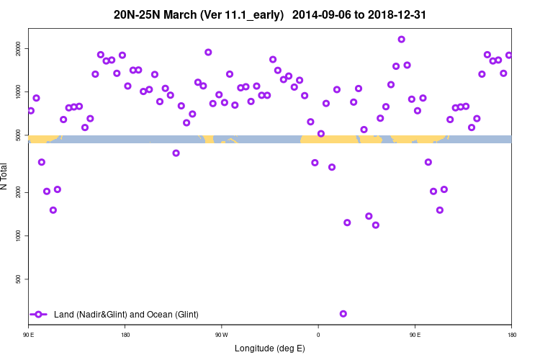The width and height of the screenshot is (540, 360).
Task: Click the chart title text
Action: pyautogui.click(x=270, y=14)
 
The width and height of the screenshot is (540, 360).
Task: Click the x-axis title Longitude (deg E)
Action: pyautogui.click(x=270, y=348)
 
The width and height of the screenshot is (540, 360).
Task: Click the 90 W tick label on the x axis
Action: pyautogui.click(x=221, y=334)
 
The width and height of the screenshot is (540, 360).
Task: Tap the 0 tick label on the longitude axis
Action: pyautogui.click(x=318, y=334)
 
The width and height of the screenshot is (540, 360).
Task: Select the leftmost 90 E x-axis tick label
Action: pyautogui.click(x=28, y=334)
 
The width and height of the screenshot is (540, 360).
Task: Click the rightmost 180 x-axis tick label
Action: pyautogui.click(x=511, y=334)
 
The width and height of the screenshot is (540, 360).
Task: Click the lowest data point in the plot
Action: pyautogui.click(x=343, y=313)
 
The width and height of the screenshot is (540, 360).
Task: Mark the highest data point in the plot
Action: pyautogui.click(x=401, y=40)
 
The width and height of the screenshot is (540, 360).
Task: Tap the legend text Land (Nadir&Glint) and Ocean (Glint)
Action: pyautogui.click(x=126, y=314)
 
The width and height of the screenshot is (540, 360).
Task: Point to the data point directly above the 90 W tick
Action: pyautogui.click(x=219, y=94)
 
